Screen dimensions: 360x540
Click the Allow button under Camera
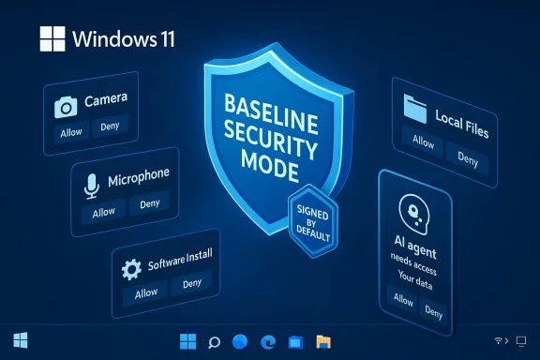[70, 131]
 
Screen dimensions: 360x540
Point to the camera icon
[66, 107]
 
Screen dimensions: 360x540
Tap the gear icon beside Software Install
[131, 269]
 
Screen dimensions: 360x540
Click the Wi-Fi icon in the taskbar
[497, 339]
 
